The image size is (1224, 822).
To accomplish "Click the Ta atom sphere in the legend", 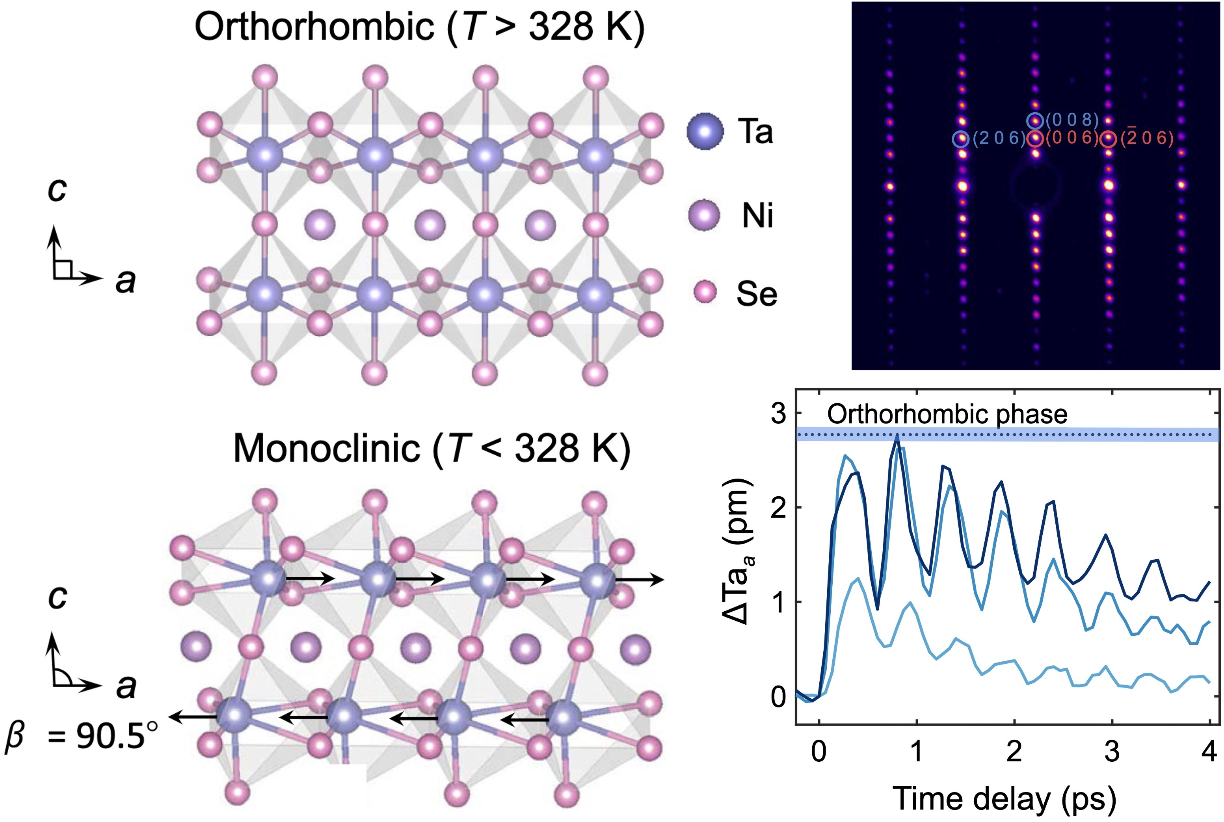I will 705,132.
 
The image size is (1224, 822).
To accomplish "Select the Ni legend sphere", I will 704,215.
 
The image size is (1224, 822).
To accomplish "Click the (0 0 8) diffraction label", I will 1072,120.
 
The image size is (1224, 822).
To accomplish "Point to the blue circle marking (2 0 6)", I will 961,139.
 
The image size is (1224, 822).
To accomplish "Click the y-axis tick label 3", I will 778,414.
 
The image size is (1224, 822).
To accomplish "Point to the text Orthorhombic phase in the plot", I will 947,415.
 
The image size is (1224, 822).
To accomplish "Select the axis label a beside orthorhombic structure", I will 125,282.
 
